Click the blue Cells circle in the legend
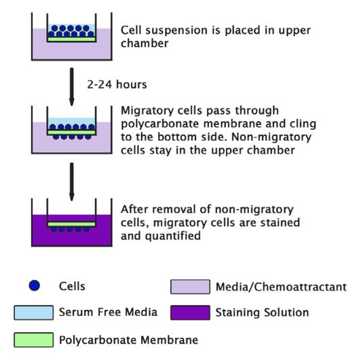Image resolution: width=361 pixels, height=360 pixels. [x=35, y=285]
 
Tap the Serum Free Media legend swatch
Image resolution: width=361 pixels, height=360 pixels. [x=34, y=312]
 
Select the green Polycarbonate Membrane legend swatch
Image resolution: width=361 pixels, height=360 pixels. [x=34, y=340]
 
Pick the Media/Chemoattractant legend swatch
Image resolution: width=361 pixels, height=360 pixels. [x=190, y=287]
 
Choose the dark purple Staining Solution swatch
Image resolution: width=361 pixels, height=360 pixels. [x=190, y=312]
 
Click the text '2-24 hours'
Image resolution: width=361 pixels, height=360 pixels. [x=117, y=85]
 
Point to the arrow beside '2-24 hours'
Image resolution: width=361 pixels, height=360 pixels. [x=72, y=87]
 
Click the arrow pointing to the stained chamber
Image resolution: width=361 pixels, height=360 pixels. [x=72, y=181]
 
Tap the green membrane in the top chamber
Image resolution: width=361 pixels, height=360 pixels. [x=72, y=39]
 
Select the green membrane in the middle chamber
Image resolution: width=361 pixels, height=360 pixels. [x=72, y=132]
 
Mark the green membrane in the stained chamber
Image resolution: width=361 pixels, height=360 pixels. [x=72, y=224]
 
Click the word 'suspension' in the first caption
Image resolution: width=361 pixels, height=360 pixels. [x=176, y=31]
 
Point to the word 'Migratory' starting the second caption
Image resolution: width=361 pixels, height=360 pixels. [x=147, y=111]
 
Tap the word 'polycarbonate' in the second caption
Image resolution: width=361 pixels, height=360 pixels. [x=159, y=124]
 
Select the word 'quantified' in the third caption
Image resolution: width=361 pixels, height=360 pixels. [x=173, y=236]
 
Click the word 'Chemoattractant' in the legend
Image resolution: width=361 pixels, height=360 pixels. [x=300, y=287]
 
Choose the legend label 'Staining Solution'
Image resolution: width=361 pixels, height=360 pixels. [x=262, y=312]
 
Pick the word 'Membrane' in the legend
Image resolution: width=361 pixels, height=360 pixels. [x=169, y=340]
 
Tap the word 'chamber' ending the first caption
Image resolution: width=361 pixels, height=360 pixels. [x=145, y=43]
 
